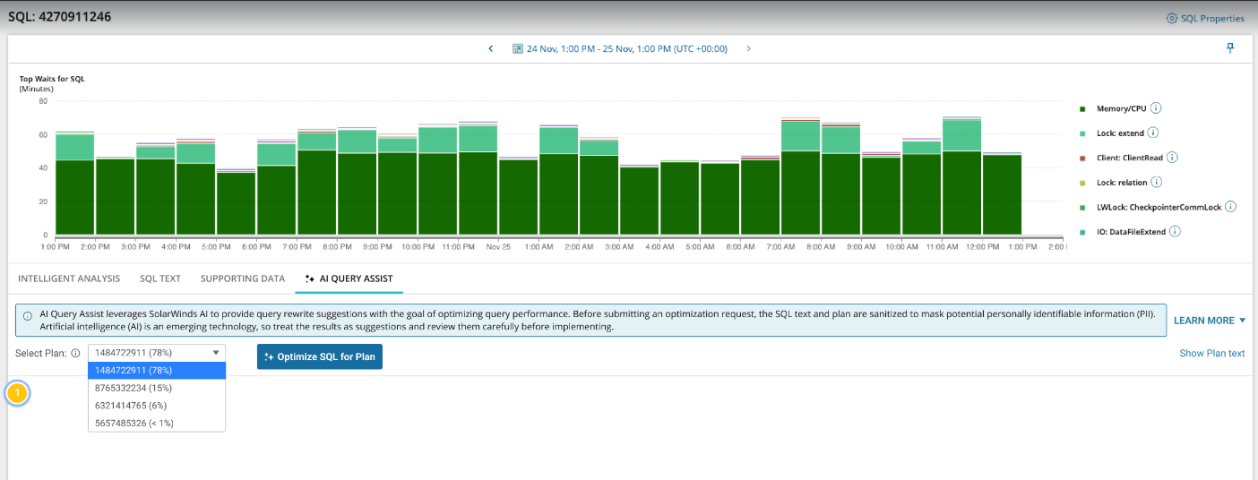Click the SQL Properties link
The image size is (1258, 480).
pyautogui.click(x=1205, y=18)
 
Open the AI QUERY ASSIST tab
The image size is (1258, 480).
pyautogui.click(x=349, y=279)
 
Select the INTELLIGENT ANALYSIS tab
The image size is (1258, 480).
pyautogui.click(x=69, y=279)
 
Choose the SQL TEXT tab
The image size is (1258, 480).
pyautogui.click(x=160, y=279)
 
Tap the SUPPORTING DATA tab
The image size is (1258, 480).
pyautogui.click(x=243, y=279)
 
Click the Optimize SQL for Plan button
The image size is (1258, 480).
pyautogui.click(x=320, y=356)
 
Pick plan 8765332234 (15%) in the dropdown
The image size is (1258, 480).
pyautogui.click(x=134, y=388)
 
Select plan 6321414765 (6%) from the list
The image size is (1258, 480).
pyautogui.click(x=131, y=405)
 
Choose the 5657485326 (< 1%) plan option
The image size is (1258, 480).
pyautogui.click(x=134, y=422)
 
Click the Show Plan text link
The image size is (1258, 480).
pyautogui.click(x=1211, y=353)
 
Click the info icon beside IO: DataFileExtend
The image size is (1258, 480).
pyautogui.click(x=1175, y=231)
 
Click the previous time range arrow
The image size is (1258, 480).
pyautogui.click(x=490, y=48)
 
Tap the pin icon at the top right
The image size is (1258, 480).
pyautogui.click(x=1230, y=48)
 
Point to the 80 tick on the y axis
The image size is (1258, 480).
pyautogui.click(x=42, y=100)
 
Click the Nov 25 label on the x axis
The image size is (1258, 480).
pyautogui.click(x=498, y=246)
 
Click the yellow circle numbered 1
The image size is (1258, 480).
pyautogui.click(x=17, y=393)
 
